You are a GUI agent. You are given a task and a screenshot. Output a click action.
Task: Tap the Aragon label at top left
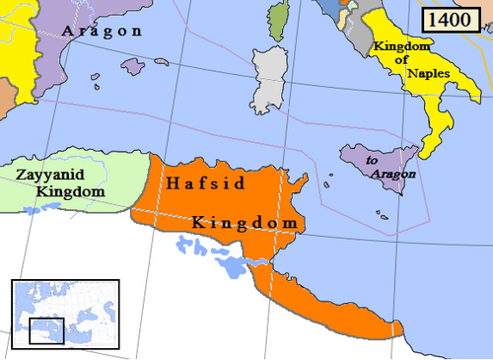click(x=103, y=31)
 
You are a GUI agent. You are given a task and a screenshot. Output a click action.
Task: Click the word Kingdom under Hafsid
click(x=245, y=224)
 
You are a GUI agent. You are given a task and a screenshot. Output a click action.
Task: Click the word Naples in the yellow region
click(x=404, y=75)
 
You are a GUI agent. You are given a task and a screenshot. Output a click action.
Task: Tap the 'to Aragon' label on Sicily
click(x=390, y=167)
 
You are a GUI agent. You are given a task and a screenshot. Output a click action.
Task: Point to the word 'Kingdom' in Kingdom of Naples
click(x=402, y=47)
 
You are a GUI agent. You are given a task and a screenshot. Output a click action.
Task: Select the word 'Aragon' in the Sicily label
click(x=395, y=174)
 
